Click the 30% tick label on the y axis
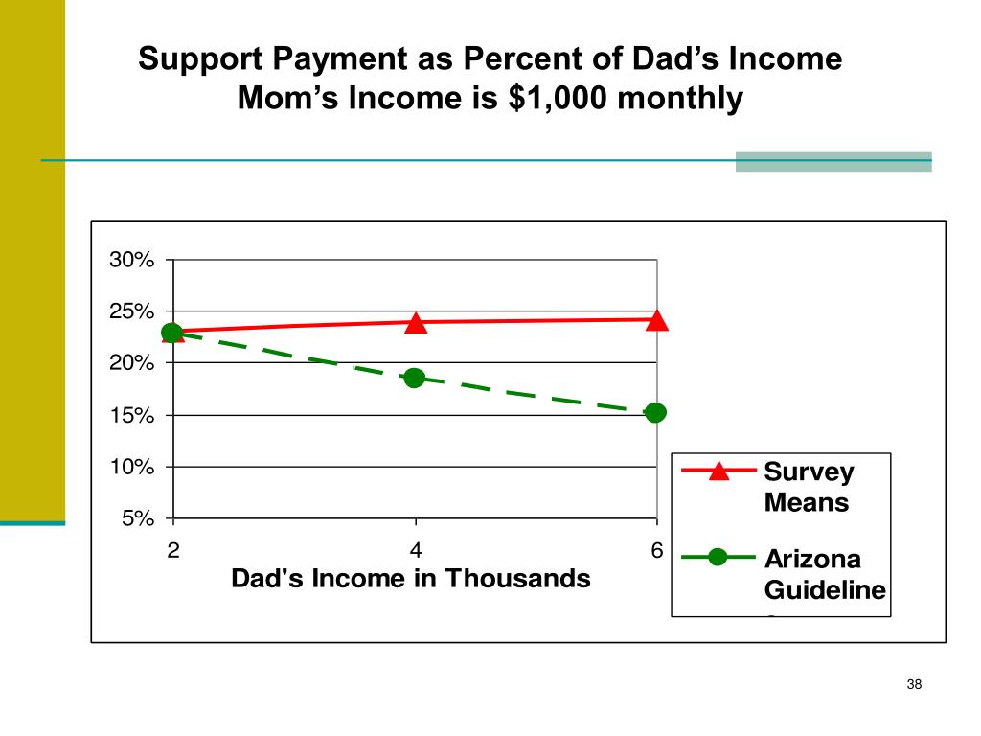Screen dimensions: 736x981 click(x=131, y=260)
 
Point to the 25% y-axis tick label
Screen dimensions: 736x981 click(x=131, y=311)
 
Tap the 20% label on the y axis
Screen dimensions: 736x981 click(x=131, y=363)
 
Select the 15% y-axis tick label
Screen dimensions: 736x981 click(x=131, y=415)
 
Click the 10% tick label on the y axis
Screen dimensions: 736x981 click(x=131, y=467)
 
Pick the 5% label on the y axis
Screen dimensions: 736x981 click(x=137, y=518)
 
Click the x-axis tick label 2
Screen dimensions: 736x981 click(x=172, y=550)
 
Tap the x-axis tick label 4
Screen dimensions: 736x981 click(x=415, y=550)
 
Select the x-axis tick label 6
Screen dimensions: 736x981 click(x=657, y=550)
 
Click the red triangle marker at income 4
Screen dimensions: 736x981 click(x=415, y=323)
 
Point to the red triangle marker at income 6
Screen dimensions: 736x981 click(x=656, y=320)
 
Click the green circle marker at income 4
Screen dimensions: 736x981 click(x=414, y=378)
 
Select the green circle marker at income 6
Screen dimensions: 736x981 click(x=656, y=413)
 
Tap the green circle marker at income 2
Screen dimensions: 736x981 click(x=172, y=333)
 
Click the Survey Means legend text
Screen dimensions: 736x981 click(x=809, y=487)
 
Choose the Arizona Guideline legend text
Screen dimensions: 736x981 click(x=825, y=574)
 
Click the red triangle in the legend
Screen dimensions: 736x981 click(x=719, y=471)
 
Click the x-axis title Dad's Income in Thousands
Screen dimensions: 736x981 click(x=411, y=579)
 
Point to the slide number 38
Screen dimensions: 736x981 click(x=913, y=684)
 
